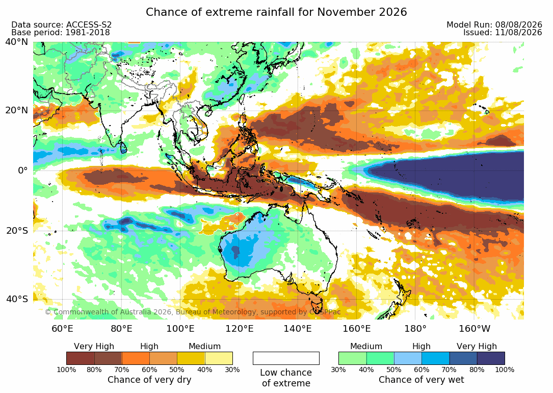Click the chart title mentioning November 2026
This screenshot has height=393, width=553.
click(x=276, y=12)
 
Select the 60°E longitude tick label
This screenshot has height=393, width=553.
click(x=62, y=329)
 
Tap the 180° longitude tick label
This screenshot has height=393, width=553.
click(x=415, y=329)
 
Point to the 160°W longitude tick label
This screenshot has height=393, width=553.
click(x=475, y=329)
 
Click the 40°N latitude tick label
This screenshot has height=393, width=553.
click(x=17, y=42)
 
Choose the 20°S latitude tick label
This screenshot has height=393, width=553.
click(x=17, y=231)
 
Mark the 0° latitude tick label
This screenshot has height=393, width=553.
click(x=22, y=170)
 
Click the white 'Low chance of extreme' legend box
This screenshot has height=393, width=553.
click(x=286, y=358)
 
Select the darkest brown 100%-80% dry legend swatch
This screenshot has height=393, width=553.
click(x=81, y=358)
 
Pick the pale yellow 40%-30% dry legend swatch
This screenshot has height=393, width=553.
click(x=219, y=358)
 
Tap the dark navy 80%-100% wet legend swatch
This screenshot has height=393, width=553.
click(x=491, y=358)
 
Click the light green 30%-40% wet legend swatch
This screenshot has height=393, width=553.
click(x=353, y=358)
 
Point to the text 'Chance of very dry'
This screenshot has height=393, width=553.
click(x=149, y=380)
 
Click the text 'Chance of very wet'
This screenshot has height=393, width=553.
click(x=422, y=380)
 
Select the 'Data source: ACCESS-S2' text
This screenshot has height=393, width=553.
click(x=61, y=24)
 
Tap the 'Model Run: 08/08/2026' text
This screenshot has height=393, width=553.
click(x=494, y=24)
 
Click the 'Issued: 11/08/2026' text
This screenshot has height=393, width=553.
click(x=503, y=33)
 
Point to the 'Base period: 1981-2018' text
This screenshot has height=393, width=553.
click(x=61, y=33)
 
